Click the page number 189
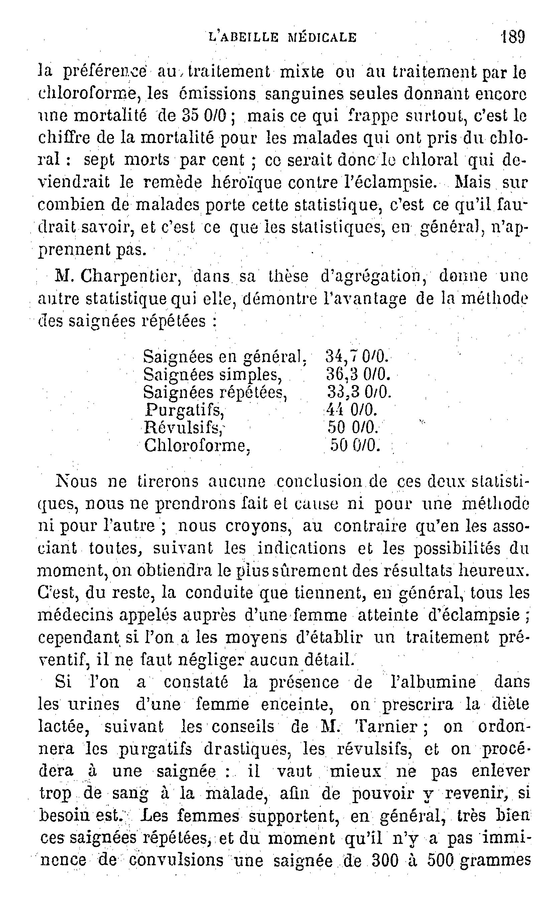pos(513,37)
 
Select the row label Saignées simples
pos(213,375)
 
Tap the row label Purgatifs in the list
pos(184,410)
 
